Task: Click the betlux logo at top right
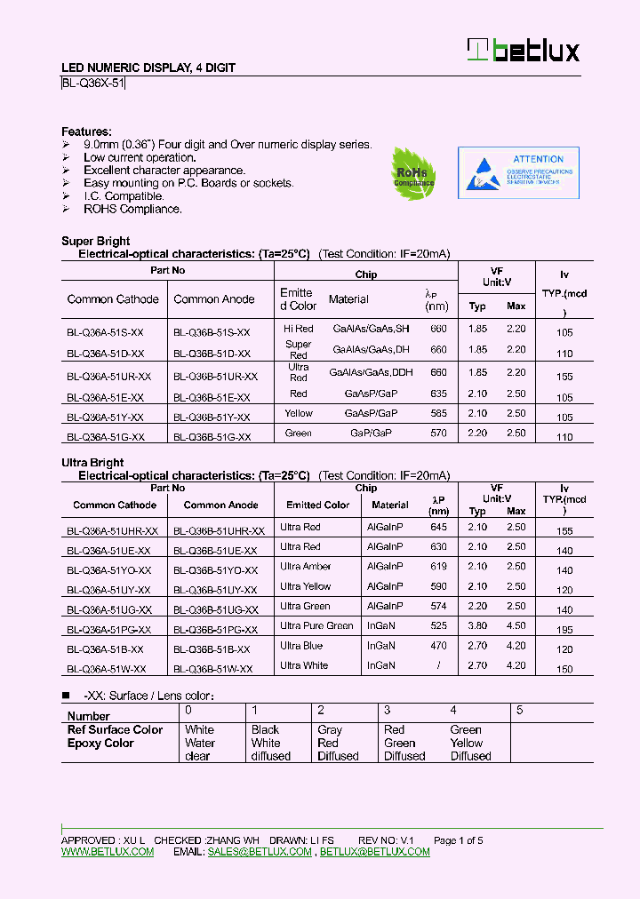(x=524, y=51)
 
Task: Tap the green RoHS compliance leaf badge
(x=413, y=172)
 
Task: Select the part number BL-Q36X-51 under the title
(x=93, y=84)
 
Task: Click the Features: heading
(x=86, y=131)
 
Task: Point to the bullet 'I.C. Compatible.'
(x=124, y=196)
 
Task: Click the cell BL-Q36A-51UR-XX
(x=108, y=377)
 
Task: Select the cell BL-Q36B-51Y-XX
(x=211, y=417)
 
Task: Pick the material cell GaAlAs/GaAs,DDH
(x=365, y=373)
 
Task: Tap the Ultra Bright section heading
(x=92, y=463)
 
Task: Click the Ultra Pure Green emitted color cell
(x=316, y=625)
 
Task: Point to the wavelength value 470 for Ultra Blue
(x=438, y=646)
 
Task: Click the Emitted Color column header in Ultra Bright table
(x=317, y=505)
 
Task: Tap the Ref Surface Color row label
(x=115, y=730)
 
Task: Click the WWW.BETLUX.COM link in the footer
(x=108, y=852)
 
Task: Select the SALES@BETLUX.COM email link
(x=260, y=852)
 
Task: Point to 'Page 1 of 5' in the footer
(x=458, y=840)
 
